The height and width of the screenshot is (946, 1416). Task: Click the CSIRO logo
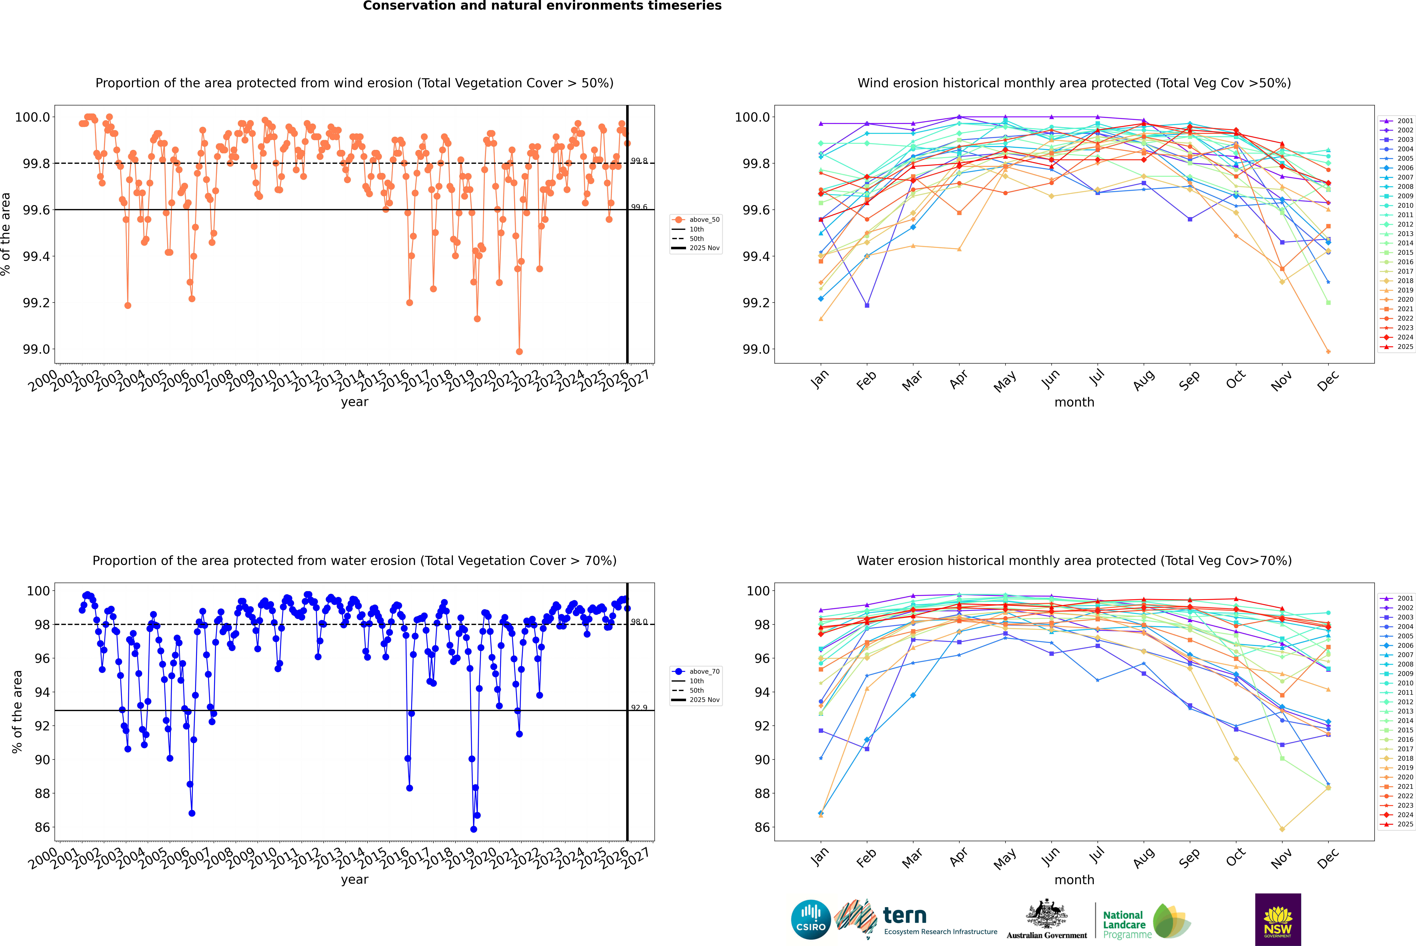(811, 919)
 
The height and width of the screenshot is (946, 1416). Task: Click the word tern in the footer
(904, 915)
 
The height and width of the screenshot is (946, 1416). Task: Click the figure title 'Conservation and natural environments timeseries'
(542, 6)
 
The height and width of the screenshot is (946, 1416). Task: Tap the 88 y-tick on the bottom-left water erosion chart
(42, 793)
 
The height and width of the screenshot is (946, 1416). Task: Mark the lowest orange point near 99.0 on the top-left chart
(519, 351)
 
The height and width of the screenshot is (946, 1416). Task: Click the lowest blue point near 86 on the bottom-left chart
(473, 829)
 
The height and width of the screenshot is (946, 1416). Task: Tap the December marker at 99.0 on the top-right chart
(1328, 351)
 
